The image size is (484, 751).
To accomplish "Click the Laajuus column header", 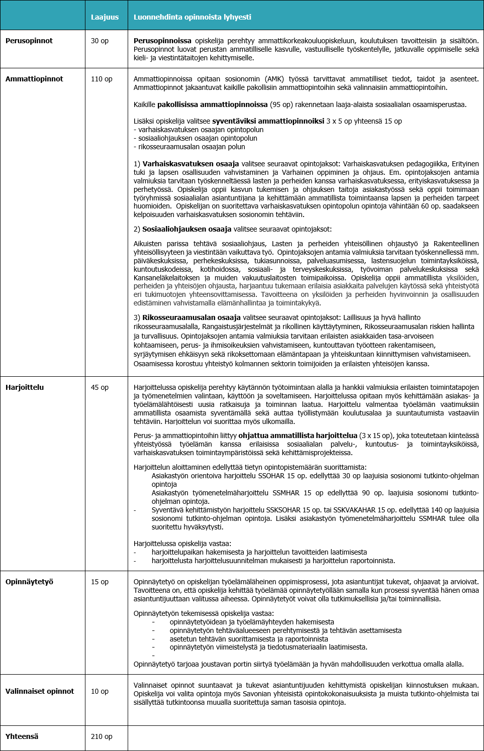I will click(x=105, y=17).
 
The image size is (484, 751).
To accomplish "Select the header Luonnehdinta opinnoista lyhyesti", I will click(x=192, y=17).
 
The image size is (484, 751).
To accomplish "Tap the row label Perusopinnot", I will click(x=29, y=41).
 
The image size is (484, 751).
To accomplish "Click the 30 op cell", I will click(x=100, y=41).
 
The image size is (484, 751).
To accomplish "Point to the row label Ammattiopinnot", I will click(x=34, y=79).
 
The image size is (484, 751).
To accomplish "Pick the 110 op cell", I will click(x=102, y=79).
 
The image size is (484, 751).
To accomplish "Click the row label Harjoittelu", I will click(x=25, y=387).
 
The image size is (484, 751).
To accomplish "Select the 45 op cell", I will click(x=100, y=387).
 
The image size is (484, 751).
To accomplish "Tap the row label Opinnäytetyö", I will click(x=29, y=582).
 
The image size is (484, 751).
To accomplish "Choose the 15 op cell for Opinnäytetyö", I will click(x=100, y=582).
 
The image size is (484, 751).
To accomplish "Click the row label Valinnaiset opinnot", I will click(x=40, y=691).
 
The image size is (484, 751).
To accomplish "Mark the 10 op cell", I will click(x=100, y=691).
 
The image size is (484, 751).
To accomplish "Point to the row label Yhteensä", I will click(x=22, y=736).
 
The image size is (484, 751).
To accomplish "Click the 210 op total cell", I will click(x=102, y=736).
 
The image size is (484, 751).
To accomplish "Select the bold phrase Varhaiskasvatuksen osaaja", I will click(x=190, y=164).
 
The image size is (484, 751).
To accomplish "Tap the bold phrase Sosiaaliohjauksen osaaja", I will click(x=186, y=229).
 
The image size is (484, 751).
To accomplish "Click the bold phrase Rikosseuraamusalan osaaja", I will click(x=191, y=317).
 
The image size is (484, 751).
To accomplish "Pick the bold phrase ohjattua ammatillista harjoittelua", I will click(x=298, y=436).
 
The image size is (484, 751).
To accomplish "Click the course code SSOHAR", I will click(x=271, y=476).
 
